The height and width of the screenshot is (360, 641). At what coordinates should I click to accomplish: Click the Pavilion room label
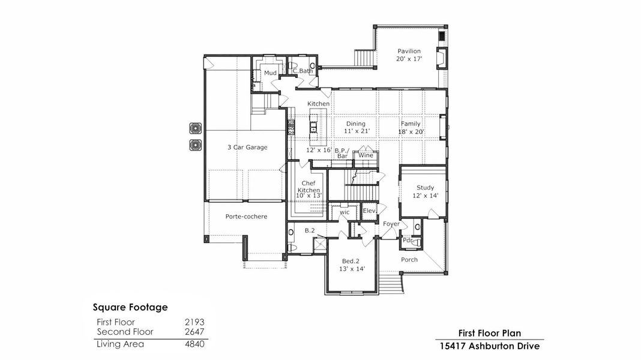click(408, 51)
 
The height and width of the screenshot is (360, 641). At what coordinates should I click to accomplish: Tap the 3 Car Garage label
click(247, 147)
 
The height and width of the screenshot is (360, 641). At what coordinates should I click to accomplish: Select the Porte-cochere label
click(246, 216)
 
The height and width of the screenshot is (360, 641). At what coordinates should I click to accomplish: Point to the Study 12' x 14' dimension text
click(425, 196)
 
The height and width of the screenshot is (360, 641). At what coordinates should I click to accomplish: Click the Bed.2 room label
click(351, 261)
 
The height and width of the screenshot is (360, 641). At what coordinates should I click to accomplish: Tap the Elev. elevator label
click(369, 211)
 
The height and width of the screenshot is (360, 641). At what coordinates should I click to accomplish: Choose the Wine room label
click(366, 155)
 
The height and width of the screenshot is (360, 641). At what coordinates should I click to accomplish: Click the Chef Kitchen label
click(308, 186)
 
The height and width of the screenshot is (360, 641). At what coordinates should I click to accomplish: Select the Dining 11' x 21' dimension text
click(357, 131)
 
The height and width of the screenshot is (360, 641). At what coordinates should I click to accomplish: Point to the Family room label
click(411, 124)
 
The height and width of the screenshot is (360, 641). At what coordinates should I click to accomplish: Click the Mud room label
click(271, 73)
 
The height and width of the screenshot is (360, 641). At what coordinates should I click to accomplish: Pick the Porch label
click(409, 260)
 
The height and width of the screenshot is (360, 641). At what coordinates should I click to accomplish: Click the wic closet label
click(345, 212)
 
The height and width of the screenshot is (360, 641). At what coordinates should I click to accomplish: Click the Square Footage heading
click(130, 307)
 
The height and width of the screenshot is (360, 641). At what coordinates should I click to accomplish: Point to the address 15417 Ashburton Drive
click(490, 346)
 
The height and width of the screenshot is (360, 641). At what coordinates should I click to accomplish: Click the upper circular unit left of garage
click(195, 128)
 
